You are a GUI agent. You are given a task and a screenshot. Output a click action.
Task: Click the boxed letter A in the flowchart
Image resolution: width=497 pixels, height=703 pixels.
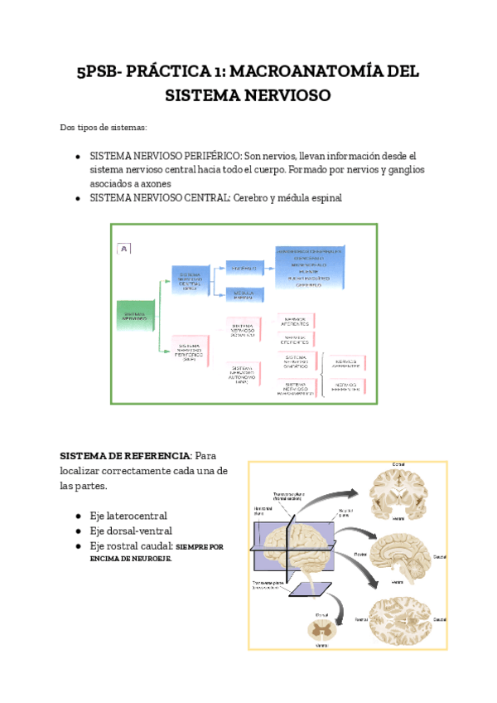click(124, 248)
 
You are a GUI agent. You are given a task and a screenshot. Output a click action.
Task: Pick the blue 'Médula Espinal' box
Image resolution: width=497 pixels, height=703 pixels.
click(244, 293)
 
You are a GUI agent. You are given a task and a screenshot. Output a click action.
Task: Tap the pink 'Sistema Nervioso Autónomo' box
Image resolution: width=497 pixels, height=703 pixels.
click(243, 376)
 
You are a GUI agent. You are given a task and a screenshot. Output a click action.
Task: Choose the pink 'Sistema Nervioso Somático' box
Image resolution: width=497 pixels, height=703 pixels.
click(243, 330)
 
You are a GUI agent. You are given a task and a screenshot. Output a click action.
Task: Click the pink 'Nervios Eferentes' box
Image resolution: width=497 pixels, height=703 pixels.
click(296, 339)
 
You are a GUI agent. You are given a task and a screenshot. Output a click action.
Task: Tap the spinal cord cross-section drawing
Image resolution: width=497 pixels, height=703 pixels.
click(320, 630)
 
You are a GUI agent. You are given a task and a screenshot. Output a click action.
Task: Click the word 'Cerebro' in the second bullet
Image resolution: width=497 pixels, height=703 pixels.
click(252, 198)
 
